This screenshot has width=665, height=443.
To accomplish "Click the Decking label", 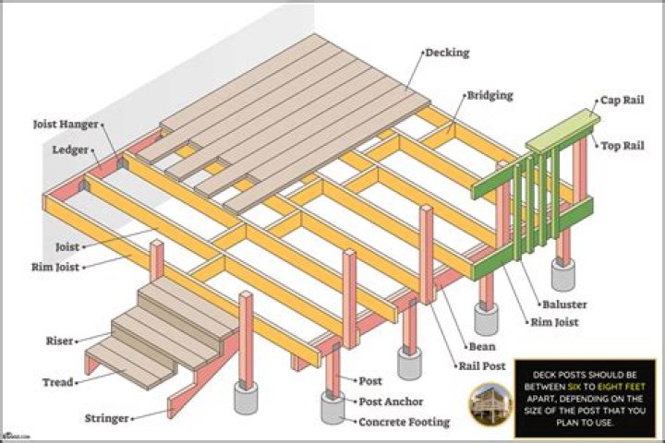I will (446, 53).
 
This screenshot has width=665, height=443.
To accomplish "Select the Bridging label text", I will (490, 95).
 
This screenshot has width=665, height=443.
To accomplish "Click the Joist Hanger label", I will (65, 123).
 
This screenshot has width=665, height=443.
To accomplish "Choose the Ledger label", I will (69, 149).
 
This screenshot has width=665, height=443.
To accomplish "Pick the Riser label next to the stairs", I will (59, 341).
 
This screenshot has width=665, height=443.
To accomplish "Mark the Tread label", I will (57, 381).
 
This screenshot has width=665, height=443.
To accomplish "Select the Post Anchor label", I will (391, 401).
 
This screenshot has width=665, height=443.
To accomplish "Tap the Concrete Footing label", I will (405, 422).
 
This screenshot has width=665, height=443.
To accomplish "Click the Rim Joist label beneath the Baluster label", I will (553, 322).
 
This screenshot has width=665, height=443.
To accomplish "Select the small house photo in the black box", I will (489, 405).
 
